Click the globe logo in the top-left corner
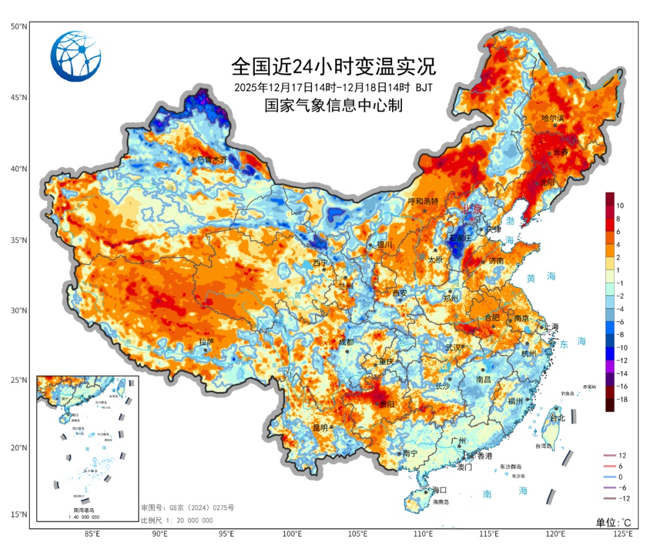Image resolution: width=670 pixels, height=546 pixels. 75,56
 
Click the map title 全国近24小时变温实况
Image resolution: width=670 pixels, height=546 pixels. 334,65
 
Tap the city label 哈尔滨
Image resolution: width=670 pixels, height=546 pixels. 553,117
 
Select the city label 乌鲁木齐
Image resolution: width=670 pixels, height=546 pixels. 212,159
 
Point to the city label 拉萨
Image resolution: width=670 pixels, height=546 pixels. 206,342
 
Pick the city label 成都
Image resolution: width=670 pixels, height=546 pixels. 346,342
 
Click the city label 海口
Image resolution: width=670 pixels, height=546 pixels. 439,490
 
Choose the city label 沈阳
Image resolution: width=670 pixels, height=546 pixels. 546,182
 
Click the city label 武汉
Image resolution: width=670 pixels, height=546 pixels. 454,347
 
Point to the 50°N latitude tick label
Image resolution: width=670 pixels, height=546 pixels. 19,27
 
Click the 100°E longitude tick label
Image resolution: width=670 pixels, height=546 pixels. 292,534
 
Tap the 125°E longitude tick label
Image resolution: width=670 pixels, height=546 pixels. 622,534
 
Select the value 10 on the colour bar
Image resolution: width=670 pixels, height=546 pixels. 620,205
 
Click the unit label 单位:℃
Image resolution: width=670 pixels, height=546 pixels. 614,522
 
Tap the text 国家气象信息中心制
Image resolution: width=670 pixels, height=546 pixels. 334,106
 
